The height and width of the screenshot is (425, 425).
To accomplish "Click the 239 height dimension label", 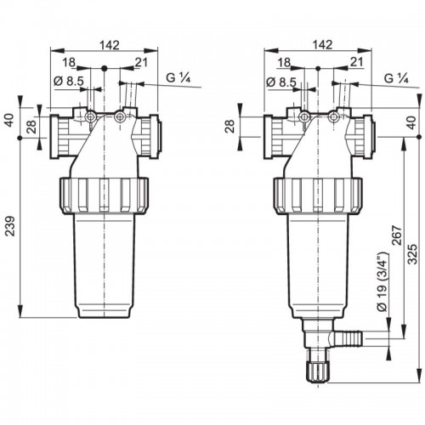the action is click(10, 226).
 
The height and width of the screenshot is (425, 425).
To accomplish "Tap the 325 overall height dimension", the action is click(413, 254).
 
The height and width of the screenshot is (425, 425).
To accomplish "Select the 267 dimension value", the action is click(397, 235).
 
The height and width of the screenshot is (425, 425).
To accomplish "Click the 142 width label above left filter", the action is click(110, 45).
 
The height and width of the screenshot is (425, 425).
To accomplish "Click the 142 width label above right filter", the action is click(323, 45).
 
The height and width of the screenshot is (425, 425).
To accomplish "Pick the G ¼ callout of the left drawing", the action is click(178, 77).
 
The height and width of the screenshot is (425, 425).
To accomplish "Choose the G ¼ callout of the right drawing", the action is click(396, 77).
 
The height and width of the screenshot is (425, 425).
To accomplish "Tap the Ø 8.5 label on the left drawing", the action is click(69, 82).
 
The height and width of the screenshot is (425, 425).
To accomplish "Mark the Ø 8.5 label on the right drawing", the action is click(281, 82).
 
